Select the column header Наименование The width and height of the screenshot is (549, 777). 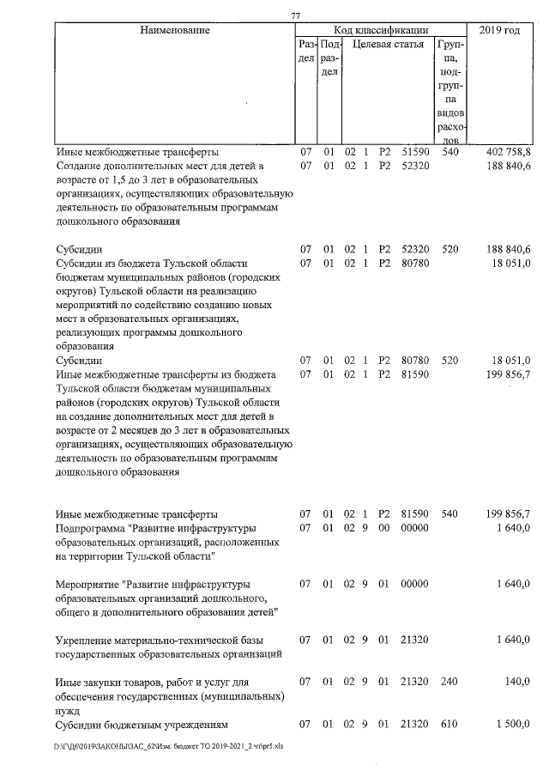(x=175, y=31)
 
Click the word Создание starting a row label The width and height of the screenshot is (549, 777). (x=81, y=166)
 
